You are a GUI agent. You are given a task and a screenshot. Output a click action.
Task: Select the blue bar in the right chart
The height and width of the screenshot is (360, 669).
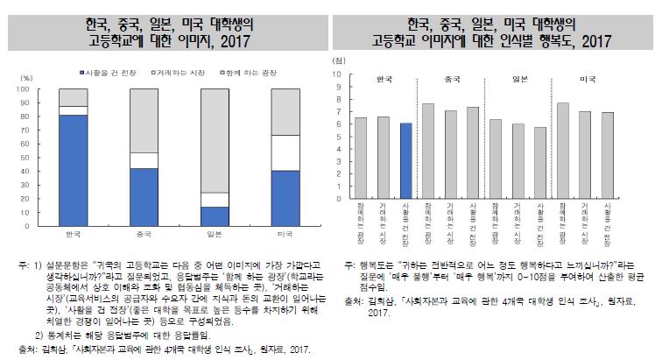pos(405,161)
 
